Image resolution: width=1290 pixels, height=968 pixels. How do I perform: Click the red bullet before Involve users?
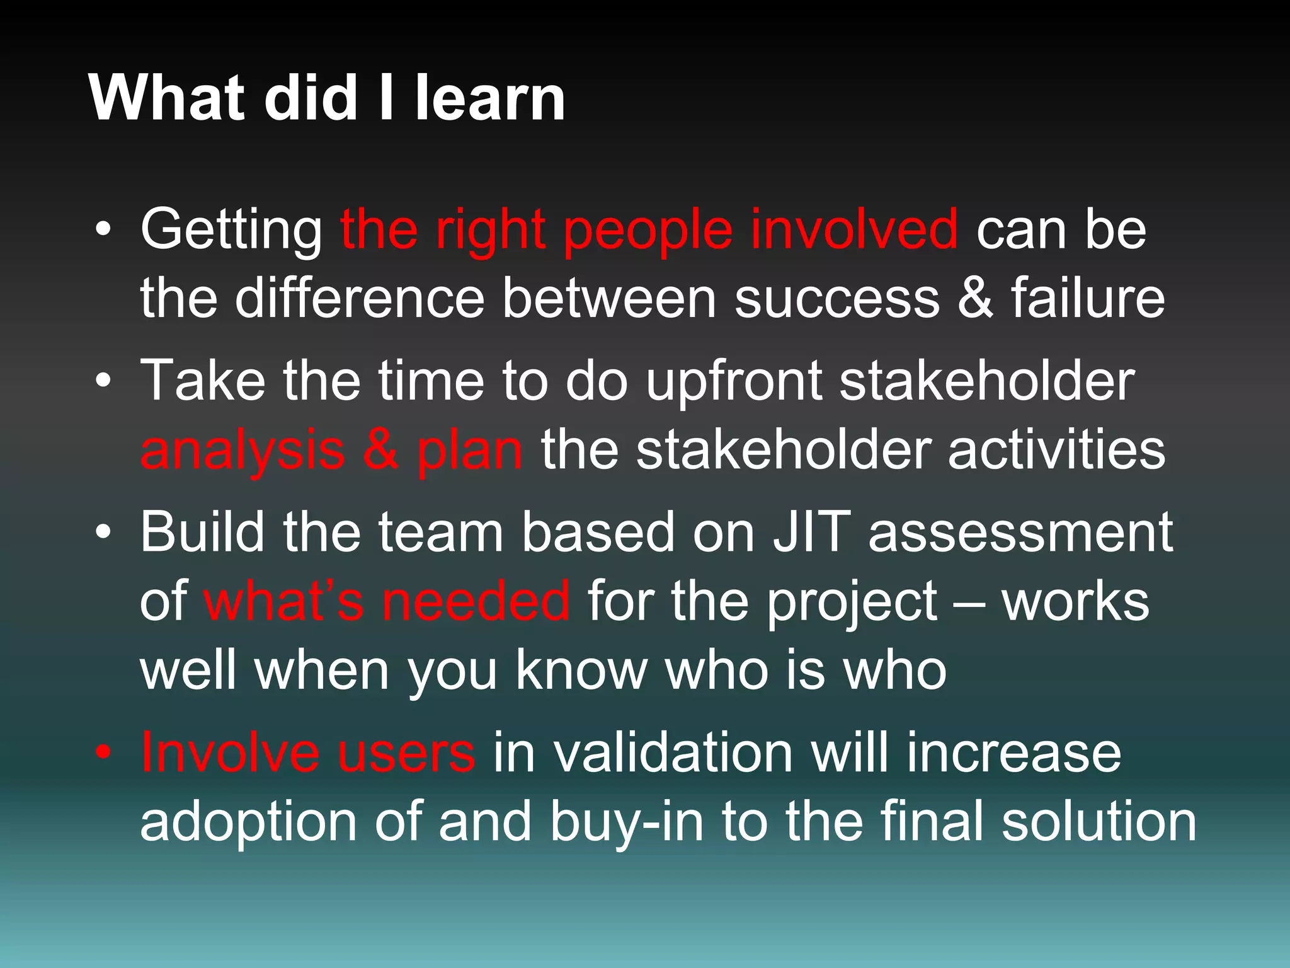(x=103, y=752)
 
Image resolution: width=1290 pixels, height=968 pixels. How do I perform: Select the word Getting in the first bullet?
(x=231, y=231)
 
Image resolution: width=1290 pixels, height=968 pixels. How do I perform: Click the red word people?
(x=648, y=231)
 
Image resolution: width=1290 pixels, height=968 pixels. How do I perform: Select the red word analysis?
(x=243, y=451)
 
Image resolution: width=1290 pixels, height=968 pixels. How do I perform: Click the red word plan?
(x=469, y=451)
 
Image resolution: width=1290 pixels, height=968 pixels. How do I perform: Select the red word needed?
(x=476, y=601)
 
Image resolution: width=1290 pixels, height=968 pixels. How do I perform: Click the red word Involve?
(x=230, y=752)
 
